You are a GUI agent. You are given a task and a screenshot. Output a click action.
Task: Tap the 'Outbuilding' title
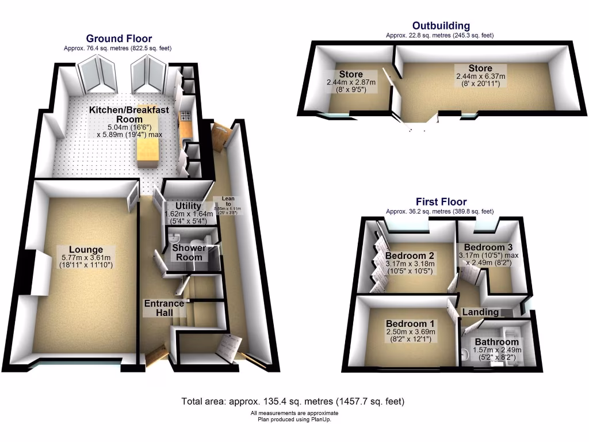pos(441,26)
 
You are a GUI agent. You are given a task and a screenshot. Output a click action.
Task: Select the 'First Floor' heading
pos(441,202)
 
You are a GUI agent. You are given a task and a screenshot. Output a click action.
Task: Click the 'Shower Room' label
pos(189,253)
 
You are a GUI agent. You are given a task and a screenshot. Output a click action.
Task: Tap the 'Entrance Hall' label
pos(164,308)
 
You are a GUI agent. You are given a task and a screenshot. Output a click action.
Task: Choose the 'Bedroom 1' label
pos(410,323)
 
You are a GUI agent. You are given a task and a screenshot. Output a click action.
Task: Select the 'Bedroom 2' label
pos(409,256)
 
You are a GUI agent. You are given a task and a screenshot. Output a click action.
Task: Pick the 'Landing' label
pos(481,312)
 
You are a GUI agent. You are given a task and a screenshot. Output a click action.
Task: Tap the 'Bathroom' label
pos(496,342)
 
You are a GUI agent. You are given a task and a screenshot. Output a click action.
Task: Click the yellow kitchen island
pos(147,151)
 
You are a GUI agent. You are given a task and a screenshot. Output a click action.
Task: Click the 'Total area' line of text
pos(293,401)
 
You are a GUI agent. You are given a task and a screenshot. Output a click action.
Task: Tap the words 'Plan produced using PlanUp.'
pos(294,420)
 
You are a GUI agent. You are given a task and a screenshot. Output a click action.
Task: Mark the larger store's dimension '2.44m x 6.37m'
pos(480,76)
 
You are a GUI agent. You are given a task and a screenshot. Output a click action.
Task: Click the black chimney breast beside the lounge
pos(26,272)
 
